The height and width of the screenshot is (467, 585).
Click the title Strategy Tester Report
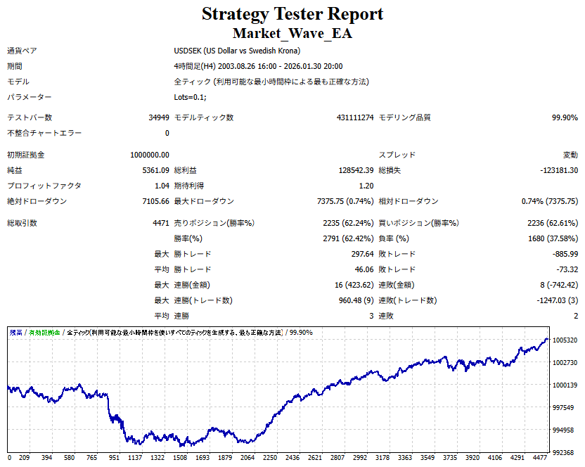292,14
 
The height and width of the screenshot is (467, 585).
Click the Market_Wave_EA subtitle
292,33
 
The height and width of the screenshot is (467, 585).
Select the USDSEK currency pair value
237,51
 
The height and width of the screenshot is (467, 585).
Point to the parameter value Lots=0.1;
191,97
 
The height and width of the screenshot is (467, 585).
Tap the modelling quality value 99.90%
565,118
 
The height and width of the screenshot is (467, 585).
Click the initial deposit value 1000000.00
150,155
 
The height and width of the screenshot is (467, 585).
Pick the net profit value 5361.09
155,170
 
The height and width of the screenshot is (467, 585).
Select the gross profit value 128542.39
356,170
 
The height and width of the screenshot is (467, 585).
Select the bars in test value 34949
157,118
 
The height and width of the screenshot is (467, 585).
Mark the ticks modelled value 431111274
355,118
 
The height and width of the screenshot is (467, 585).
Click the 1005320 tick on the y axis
565,340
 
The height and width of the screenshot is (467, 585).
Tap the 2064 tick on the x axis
247,457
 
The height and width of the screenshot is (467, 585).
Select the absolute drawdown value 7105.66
155,201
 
